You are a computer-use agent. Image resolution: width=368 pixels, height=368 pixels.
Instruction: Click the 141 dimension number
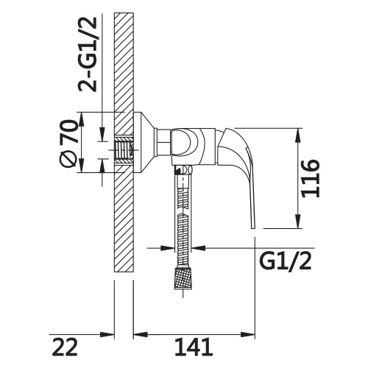point(194,347)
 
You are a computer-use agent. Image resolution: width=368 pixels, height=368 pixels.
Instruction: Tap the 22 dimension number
point(66,347)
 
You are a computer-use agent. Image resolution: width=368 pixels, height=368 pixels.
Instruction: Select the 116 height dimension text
point(311,178)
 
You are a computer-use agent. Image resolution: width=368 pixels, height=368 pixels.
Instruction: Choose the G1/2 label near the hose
point(286,262)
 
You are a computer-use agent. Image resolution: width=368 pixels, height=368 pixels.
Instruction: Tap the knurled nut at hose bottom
point(183,279)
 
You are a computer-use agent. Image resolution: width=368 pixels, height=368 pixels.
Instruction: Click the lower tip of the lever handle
point(253,227)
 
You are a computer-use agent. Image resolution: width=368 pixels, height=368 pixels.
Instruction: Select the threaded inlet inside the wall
point(124,150)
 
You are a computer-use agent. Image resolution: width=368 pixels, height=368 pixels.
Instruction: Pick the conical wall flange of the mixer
point(145,143)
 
